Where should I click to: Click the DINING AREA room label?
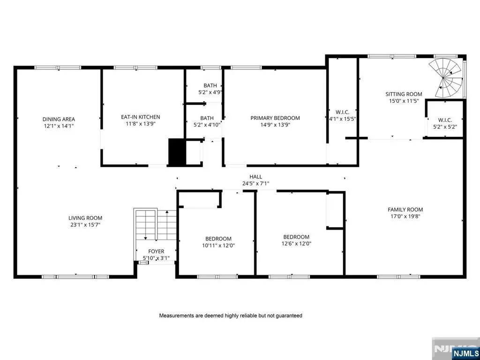click(x=59, y=120)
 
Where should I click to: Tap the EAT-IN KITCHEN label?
click(x=141, y=117)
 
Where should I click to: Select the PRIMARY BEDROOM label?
click(x=275, y=118)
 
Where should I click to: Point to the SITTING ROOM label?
click(x=404, y=94)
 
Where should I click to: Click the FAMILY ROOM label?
click(x=405, y=210)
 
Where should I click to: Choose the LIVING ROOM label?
click(x=85, y=218)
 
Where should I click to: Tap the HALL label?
click(x=255, y=177)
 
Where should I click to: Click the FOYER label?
click(x=156, y=251)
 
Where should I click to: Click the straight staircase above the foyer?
click(x=155, y=225)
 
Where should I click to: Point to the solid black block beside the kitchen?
click(x=177, y=152)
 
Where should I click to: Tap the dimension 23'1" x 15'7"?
click(x=85, y=225)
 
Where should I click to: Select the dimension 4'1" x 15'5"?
click(x=342, y=119)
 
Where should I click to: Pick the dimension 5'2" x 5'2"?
click(x=445, y=126)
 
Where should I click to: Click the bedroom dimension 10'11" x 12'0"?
click(x=218, y=245)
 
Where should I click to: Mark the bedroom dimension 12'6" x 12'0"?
click(x=296, y=243)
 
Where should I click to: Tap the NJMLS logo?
click(x=465, y=352)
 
